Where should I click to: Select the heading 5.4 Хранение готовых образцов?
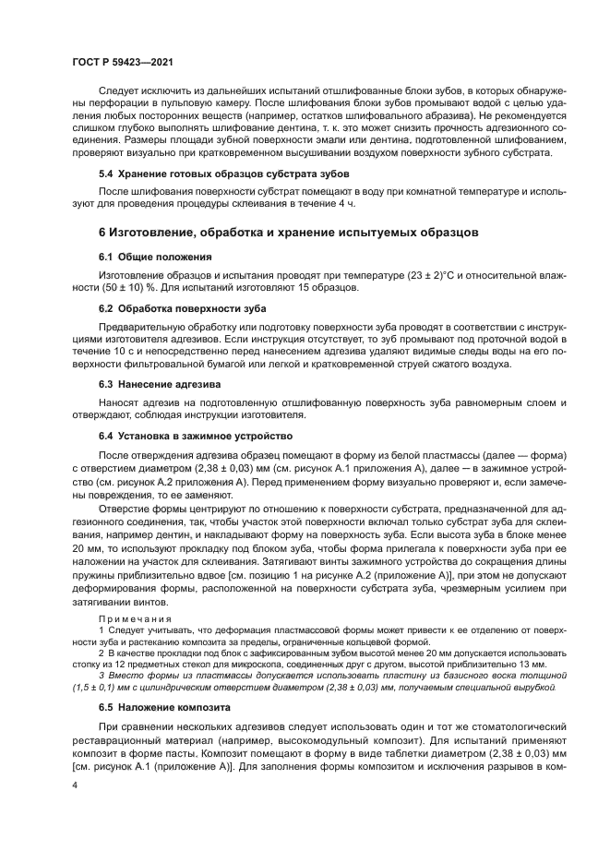(x=205, y=174)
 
